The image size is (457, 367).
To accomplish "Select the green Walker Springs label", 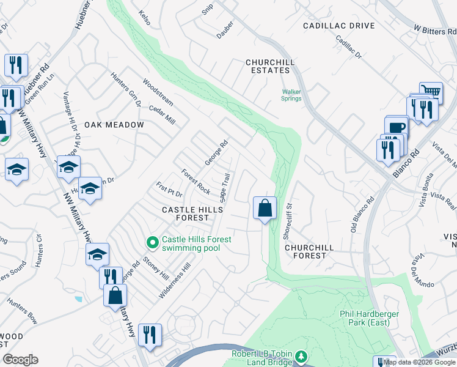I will pos(291,95).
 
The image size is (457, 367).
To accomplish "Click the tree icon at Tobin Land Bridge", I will pos(300,356).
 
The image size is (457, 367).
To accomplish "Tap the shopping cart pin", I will pos(431,92).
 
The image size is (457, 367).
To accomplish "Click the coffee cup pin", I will pos(396,127).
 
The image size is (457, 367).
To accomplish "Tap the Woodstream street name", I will pos(158,90).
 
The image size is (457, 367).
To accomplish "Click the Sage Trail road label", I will pos(224,188).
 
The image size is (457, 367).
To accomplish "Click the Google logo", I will pos(20,360).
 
